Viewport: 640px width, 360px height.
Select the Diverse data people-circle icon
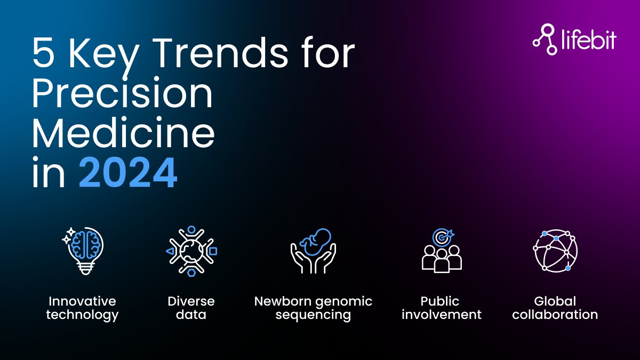pyautogui.click(x=191, y=251)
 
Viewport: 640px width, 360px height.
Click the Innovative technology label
pyautogui.click(x=82, y=308)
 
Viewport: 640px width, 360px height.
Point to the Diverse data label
pyautogui.click(x=191, y=308)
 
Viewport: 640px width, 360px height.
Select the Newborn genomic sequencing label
pyautogui.click(x=313, y=308)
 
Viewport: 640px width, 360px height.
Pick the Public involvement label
pyautogui.click(x=442, y=308)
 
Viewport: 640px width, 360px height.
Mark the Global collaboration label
pyautogui.click(x=555, y=308)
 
